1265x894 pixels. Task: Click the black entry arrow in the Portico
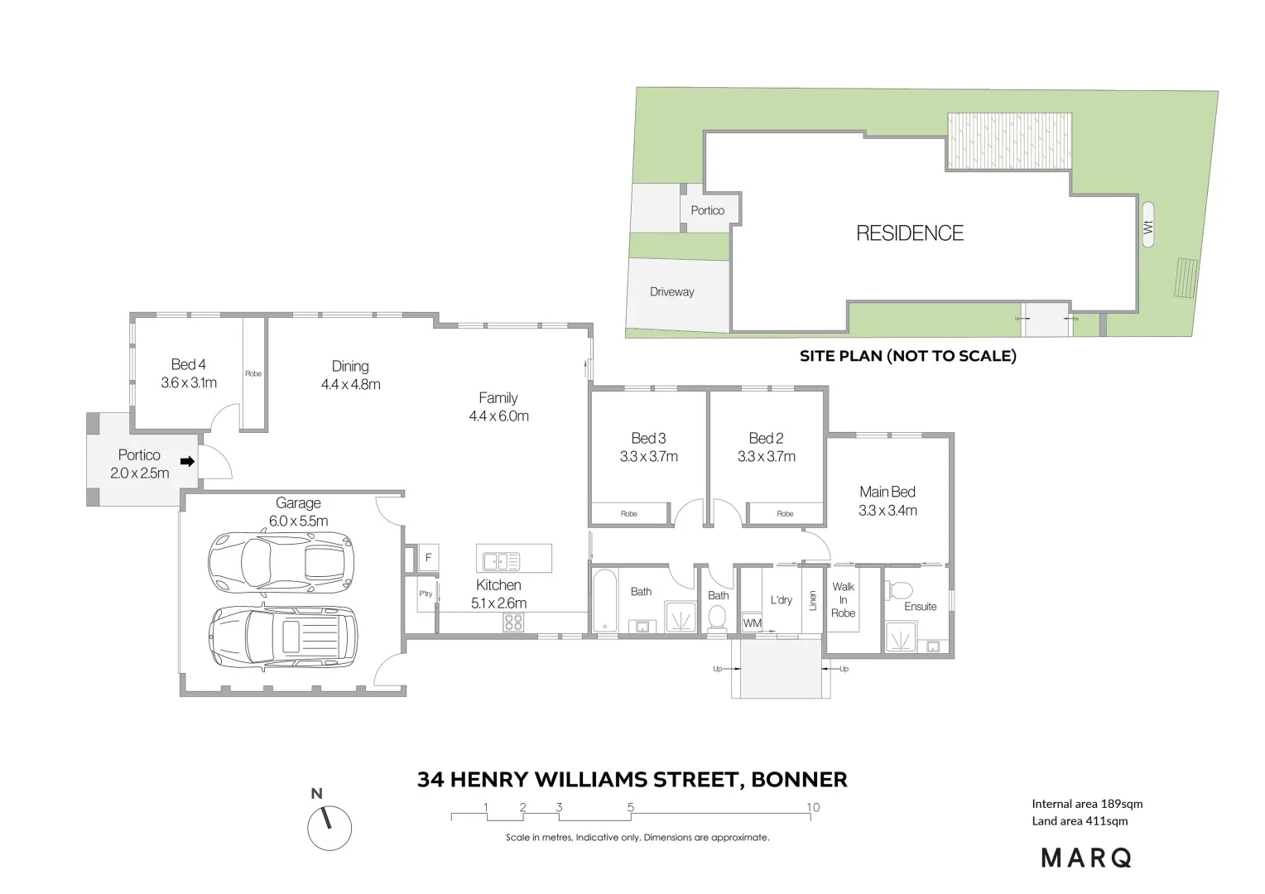[x=188, y=462]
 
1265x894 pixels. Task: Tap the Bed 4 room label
[x=189, y=365]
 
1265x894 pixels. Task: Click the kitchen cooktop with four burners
[x=513, y=622]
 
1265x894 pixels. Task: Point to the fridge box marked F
[x=428, y=558]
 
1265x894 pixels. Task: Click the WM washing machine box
[x=752, y=623]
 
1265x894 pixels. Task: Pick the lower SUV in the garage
[x=283, y=637]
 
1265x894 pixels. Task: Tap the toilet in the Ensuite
[x=899, y=591]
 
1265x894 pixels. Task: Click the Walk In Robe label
[x=843, y=600]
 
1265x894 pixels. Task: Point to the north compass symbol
[x=329, y=827]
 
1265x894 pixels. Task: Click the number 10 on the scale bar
[x=813, y=807]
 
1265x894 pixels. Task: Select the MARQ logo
[x=1086, y=858]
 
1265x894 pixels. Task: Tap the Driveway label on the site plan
[x=671, y=292]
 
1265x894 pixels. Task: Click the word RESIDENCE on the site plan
[x=910, y=233]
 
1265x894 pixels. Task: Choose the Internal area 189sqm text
[x=1086, y=804]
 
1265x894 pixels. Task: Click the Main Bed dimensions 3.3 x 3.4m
[x=887, y=511]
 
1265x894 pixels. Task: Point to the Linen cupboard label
[x=813, y=601]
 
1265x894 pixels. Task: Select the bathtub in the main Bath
[x=604, y=600]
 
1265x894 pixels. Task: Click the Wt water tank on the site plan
[x=1147, y=224]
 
